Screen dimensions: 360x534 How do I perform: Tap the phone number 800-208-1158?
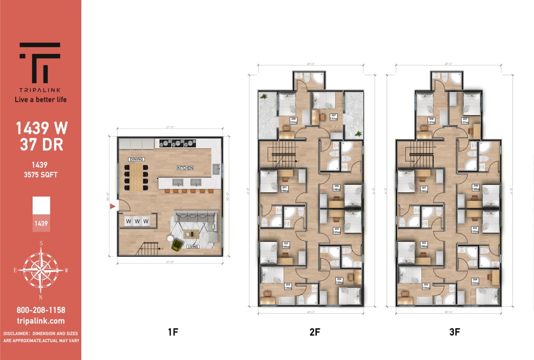(x=40, y=310)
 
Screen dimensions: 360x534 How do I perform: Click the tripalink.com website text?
(x=40, y=321)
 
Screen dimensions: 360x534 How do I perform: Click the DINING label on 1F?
(x=136, y=160)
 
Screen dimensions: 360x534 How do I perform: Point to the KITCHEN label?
(x=185, y=168)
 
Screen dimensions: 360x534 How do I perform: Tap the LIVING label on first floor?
(x=193, y=247)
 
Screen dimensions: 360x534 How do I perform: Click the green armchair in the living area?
(x=176, y=244)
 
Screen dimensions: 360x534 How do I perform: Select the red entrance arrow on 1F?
(x=113, y=207)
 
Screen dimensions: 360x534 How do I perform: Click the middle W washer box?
(x=137, y=221)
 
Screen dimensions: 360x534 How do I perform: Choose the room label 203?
(x=287, y=286)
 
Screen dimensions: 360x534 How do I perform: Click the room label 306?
(x=475, y=186)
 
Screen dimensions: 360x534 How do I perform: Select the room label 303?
(x=426, y=286)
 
